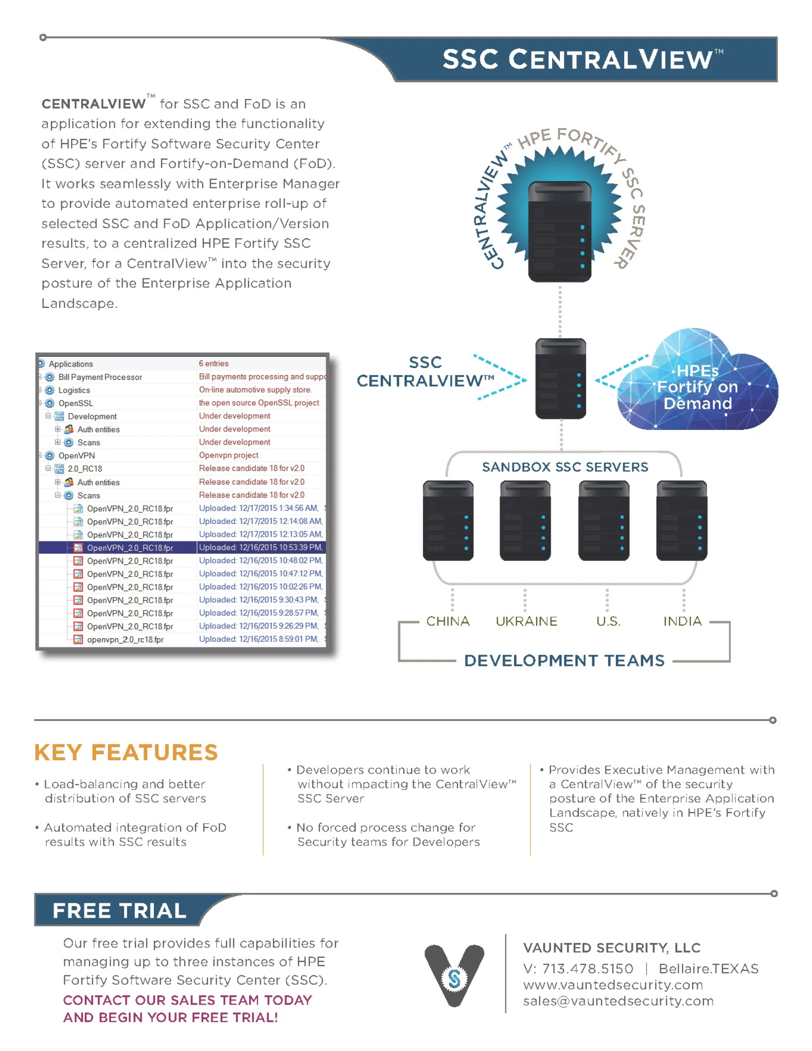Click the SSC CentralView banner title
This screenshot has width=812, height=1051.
pos(582,59)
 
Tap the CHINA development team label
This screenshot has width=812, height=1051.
pos(447,621)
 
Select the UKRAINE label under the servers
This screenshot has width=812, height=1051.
pos(526,621)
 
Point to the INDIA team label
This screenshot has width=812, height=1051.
pos(682,621)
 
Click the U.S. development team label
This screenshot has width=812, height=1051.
pos(608,621)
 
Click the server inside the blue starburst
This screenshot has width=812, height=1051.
pos(559,231)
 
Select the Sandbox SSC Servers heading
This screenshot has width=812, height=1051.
pos(564,467)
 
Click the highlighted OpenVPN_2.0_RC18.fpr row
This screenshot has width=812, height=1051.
pos(130,548)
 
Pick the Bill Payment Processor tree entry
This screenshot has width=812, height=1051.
pos(100,377)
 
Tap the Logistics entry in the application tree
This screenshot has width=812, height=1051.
pos(74,390)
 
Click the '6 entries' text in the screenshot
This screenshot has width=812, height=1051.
pos(214,363)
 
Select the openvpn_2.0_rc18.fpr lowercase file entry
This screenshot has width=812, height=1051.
pos(125,640)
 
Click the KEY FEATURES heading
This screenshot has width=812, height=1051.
pos(126,752)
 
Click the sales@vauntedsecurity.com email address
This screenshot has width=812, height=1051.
pos(617,1001)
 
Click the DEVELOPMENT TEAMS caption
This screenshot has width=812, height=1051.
pos(564,660)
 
